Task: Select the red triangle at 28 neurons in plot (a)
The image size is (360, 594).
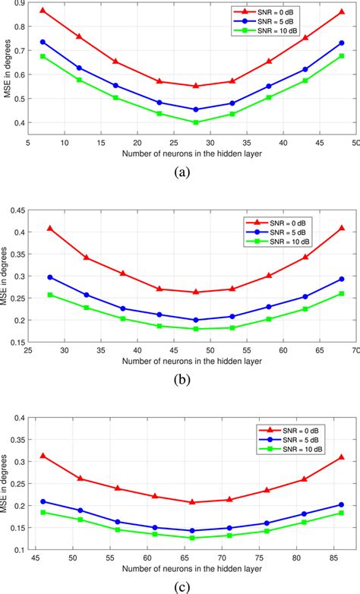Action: pos(196,86)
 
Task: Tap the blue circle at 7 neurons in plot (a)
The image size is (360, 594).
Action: pos(43,42)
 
